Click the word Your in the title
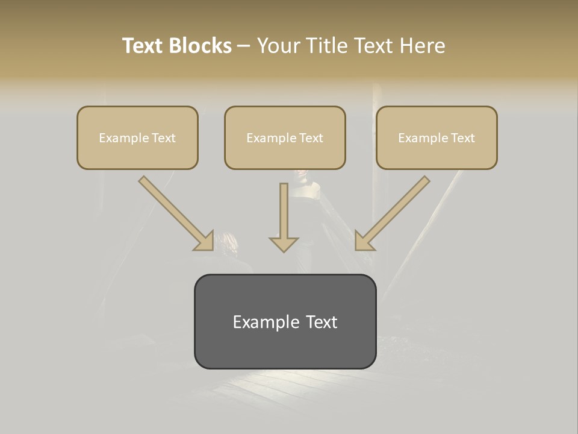point(280,46)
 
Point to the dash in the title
point(244,46)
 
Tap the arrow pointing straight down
point(284,217)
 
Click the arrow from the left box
point(175,212)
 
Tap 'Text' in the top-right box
point(463,138)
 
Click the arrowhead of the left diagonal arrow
point(205,241)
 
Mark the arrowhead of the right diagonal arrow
point(363,241)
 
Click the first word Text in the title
point(143,46)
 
